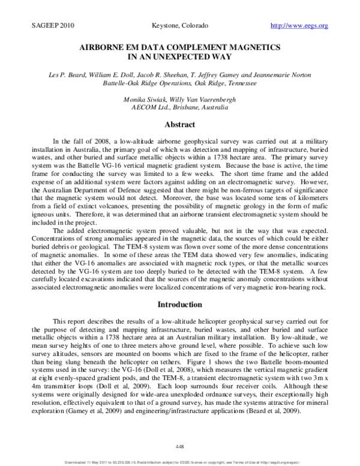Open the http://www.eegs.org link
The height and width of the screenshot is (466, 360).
(x=299, y=26)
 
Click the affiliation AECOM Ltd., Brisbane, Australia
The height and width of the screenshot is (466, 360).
(x=179, y=107)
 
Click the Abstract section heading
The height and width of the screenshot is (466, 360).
(x=179, y=125)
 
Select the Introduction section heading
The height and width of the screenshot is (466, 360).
(x=179, y=304)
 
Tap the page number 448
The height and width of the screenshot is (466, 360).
(x=179, y=445)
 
